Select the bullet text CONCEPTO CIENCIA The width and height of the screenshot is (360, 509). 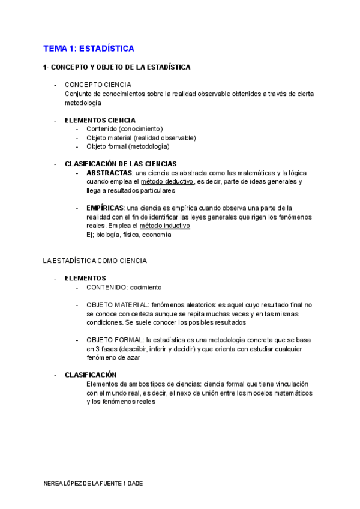[x=98, y=85]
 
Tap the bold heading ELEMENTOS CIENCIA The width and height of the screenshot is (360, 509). [x=100, y=120]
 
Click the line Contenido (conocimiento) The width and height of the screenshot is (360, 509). [x=125, y=128]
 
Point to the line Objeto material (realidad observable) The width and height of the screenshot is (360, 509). [x=141, y=137]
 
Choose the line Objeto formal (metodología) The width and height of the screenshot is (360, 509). [x=128, y=146]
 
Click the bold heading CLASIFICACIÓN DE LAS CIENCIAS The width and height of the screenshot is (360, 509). [x=121, y=164]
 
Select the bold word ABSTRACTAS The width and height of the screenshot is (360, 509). [x=109, y=173]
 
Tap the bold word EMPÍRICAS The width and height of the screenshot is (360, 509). [x=105, y=208]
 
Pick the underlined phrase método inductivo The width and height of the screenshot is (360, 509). [x=165, y=226]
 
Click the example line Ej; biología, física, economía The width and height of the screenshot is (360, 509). [x=129, y=235]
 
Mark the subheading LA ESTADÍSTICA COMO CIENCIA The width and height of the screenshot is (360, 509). [x=95, y=261]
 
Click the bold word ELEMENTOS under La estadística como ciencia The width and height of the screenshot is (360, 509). [x=85, y=278]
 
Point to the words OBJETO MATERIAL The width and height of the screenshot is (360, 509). [x=118, y=305]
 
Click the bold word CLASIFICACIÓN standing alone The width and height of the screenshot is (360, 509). [x=91, y=375]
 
